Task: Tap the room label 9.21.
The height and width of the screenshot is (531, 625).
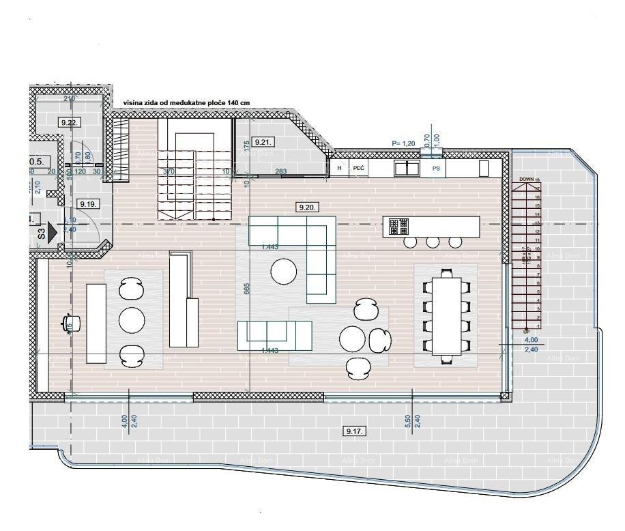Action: [x=263, y=142]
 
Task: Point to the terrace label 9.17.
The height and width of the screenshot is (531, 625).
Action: [x=355, y=431]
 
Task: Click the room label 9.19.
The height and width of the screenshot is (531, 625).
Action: [x=88, y=203]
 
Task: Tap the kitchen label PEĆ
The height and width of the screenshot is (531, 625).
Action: [x=360, y=167]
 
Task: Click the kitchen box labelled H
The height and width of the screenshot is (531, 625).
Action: [x=339, y=167]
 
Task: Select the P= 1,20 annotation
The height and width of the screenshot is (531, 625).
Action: [x=403, y=143]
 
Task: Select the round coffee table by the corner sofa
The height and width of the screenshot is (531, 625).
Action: [x=284, y=272]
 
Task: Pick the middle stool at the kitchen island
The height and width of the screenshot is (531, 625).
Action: [x=433, y=242]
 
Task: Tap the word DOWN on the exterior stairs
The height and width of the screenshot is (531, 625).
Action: [x=526, y=180]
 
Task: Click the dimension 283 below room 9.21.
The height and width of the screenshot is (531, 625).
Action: [x=280, y=171]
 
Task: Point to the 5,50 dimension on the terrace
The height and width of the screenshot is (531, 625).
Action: [x=408, y=421]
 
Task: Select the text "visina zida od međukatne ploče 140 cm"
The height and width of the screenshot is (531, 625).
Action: [x=186, y=103]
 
